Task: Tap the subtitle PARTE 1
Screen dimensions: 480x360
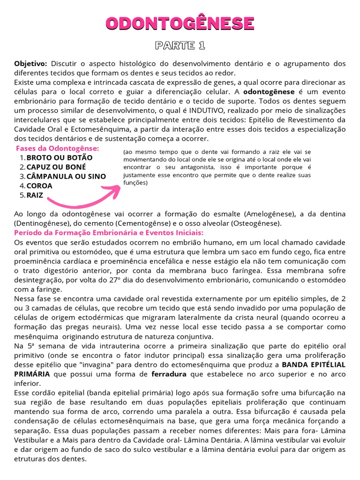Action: [x=180, y=45]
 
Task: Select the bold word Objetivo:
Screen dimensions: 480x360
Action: [x=30, y=63]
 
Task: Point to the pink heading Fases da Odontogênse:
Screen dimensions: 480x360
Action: [x=61, y=148]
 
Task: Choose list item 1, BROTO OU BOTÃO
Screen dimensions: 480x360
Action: [x=60, y=157]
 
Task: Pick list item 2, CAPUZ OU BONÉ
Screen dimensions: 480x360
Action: [x=56, y=167]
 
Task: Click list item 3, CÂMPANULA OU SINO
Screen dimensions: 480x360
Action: [x=66, y=176]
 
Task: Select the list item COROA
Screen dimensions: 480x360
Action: [x=39, y=186]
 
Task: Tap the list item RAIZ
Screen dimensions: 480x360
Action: [x=35, y=195]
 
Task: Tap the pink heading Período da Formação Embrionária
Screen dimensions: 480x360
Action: [x=109, y=233]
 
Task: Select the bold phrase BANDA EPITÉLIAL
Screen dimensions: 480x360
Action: [x=314, y=364]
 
